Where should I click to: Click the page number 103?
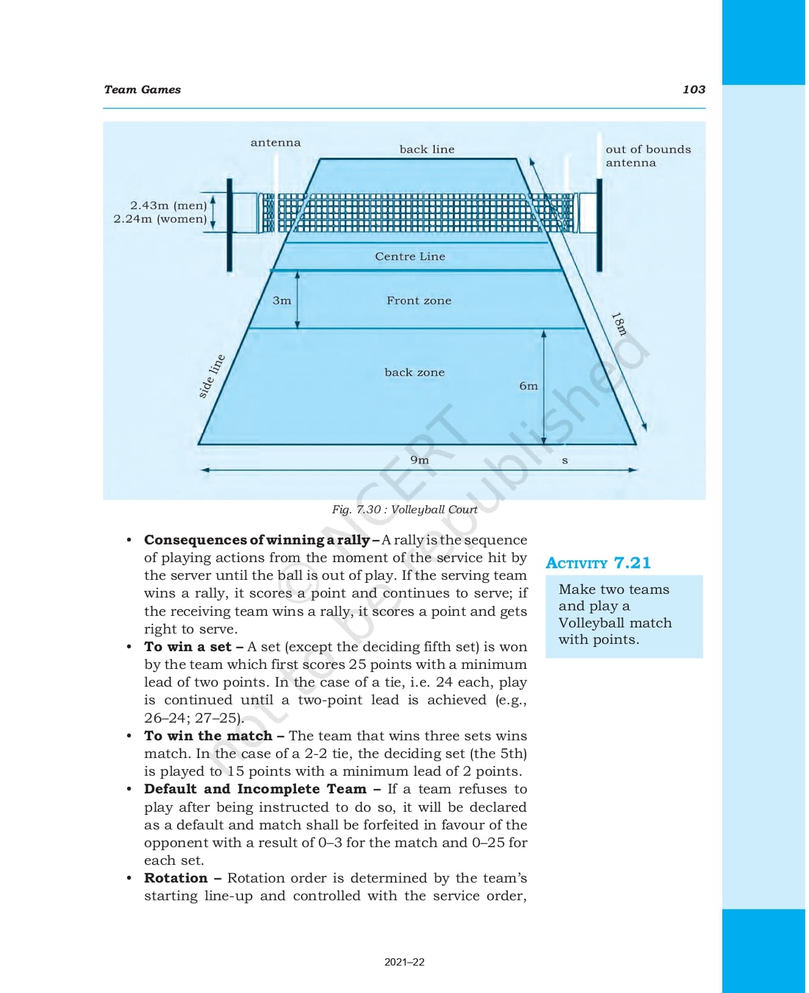[694, 90]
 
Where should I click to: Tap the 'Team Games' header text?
[142, 90]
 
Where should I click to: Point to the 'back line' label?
[427, 150]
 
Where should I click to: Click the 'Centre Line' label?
[410, 257]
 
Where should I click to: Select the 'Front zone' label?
[419, 301]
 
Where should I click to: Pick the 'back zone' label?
[415, 372]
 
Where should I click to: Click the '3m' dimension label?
[281, 301]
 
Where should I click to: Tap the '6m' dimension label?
[529, 386]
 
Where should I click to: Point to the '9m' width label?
[419, 460]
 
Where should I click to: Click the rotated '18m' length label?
[619, 324]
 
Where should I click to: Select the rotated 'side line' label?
[212, 377]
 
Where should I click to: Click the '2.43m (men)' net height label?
[169, 206]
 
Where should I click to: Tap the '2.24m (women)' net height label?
[160, 219]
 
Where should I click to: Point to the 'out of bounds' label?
[648, 150]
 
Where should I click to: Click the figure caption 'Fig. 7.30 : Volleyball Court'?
[404, 510]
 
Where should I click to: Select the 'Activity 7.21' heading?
[598, 563]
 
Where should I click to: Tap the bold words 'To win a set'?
[188, 647]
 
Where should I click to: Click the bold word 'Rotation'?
[176, 878]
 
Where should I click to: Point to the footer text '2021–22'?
[404, 962]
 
